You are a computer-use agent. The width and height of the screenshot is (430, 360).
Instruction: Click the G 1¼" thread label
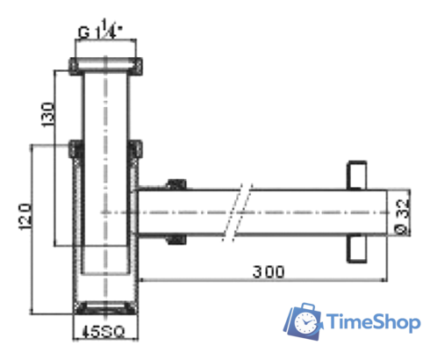[103, 32]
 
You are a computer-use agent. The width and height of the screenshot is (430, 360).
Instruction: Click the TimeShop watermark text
[372, 322]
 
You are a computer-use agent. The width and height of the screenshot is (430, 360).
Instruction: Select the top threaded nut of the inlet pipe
[104, 66]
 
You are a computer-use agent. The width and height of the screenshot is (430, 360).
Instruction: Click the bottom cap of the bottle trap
[103, 307]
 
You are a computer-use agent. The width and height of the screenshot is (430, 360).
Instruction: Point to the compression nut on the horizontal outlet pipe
[176, 211]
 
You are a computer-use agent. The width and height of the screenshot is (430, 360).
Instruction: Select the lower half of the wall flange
[356, 248]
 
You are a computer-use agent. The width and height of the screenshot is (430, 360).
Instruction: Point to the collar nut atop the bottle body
[104, 148]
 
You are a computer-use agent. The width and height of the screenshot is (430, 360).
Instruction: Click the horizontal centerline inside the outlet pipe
[290, 212]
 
